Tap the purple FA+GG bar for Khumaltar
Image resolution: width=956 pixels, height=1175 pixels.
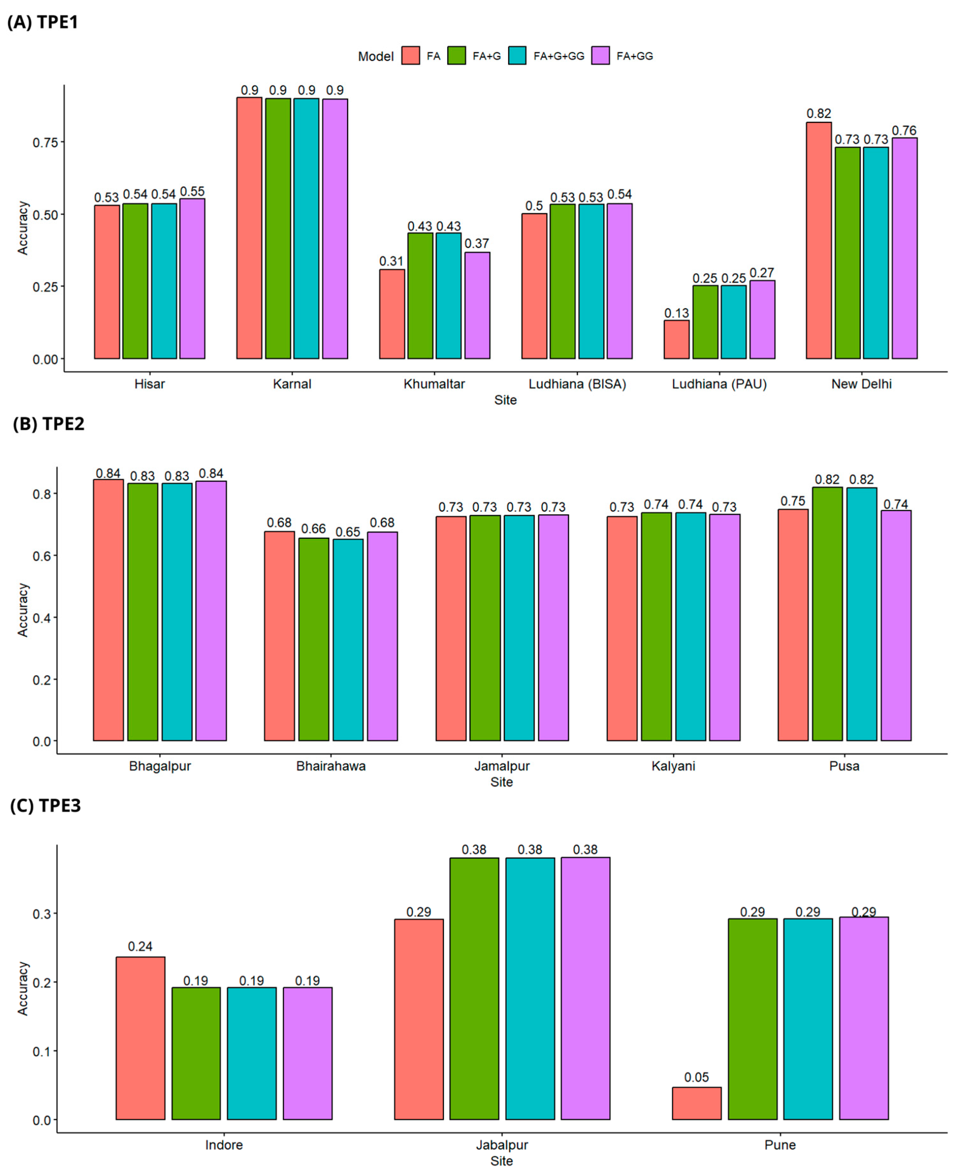pyautogui.click(x=477, y=305)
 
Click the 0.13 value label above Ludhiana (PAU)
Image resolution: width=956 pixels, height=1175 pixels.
pyautogui.click(x=676, y=313)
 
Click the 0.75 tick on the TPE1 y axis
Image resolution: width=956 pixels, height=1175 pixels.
pyautogui.click(x=45, y=143)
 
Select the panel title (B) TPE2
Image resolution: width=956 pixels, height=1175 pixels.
pyautogui.click(x=49, y=424)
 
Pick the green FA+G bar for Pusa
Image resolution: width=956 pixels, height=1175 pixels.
pyautogui.click(x=827, y=614)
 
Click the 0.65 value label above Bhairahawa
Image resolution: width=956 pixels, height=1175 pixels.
pyautogui.click(x=348, y=532)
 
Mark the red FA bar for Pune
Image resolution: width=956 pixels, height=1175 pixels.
pyautogui.click(x=696, y=1103)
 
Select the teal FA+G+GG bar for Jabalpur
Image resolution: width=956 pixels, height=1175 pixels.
pyautogui.click(x=530, y=988)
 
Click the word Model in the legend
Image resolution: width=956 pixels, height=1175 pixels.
pyautogui.click(x=376, y=56)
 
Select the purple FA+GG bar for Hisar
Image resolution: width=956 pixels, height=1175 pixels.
pyautogui.click(x=192, y=279)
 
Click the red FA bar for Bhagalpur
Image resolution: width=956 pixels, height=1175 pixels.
pyautogui.click(x=108, y=610)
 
